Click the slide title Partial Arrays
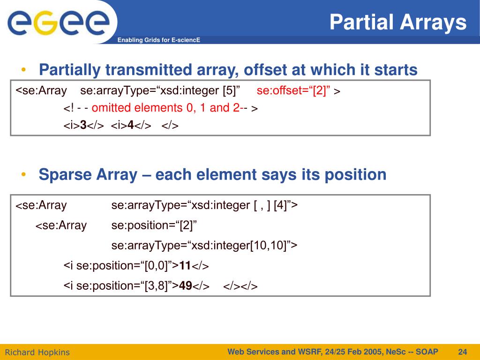pyautogui.click(x=398, y=22)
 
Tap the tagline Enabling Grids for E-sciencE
pyautogui.click(x=158, y=40)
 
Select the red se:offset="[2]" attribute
pyautogui.click(x=293, y=90)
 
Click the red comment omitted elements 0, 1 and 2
pyautogui.click(x=165, y=108)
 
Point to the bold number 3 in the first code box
pyautogui.click(x=83, y=125)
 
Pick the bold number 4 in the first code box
pyautogui.click(x=131, y=125)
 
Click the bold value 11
pyautogui.click(x=185, y=265)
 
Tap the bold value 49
pyautogui.click(x=186, y=285)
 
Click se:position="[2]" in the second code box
pyautogui.click(x=154, y=225)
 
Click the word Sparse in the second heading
pyautogui.click(x=65, y=175)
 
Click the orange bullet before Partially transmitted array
pyautogui.click(x=23, y=70)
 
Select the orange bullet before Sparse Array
pyautogui.click(x=23, y=174)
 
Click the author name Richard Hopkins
pyautogui.click(x=37, y=352)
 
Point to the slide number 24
pyautogui.click(x=463, y=352)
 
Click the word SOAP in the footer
pyautogui.click(x=427, y=352)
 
